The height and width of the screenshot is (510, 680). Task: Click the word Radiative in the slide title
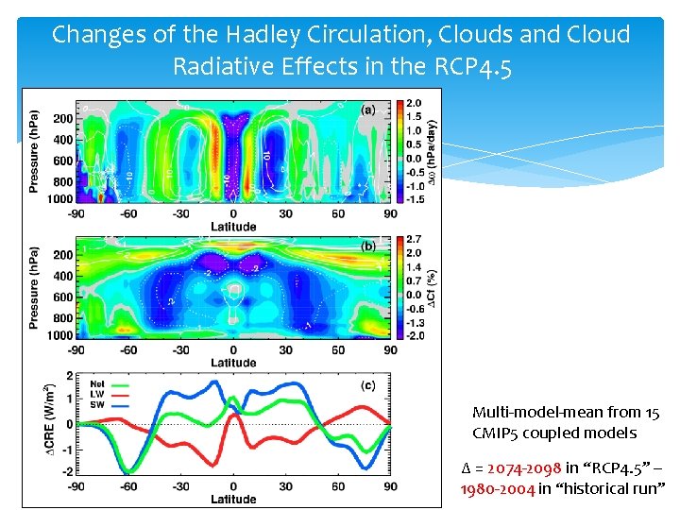(227, 67)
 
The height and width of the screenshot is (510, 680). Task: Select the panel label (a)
(368, 110)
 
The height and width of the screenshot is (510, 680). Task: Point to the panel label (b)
(368, 247)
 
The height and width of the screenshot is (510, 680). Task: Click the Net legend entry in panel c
(96, 383)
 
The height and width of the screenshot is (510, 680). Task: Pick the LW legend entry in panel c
(96, 394)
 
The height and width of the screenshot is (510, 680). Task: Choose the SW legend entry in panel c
(96, 404)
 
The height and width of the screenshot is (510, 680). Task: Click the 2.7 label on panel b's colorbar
(413, 240)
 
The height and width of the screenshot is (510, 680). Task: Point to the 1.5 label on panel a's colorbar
(413, 116)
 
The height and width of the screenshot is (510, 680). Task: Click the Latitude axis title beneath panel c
(232, 499)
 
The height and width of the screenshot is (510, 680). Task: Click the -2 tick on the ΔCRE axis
(68, 471)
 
